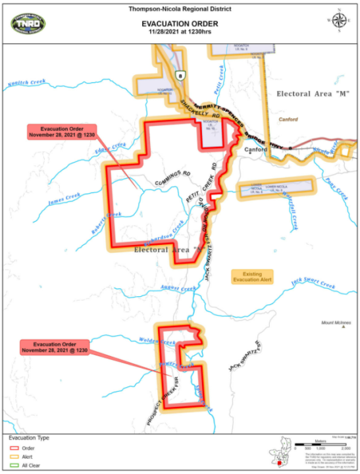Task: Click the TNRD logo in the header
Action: [x=29, y=22]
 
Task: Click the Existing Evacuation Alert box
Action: [x=252, y=276]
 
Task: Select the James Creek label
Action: [x=64, y=196]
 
